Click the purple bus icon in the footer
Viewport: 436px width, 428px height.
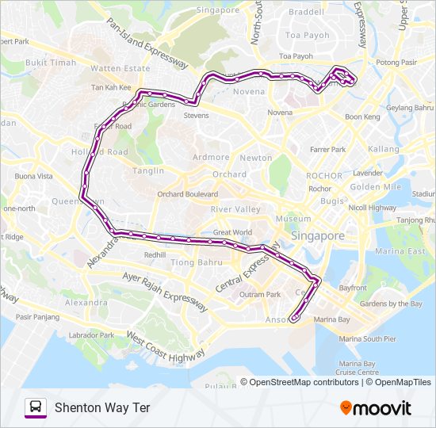[35, 408]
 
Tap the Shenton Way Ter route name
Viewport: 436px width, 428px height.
[102, 408]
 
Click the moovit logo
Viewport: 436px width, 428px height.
[376, 408]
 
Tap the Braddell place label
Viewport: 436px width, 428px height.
[306, 12]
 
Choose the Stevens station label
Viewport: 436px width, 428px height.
[196, 116]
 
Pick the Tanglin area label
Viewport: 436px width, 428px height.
[149, 170]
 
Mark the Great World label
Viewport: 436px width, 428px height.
[232, 232]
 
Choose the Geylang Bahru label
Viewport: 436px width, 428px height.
[410, 107]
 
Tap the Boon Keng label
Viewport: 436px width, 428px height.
[362, 117]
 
